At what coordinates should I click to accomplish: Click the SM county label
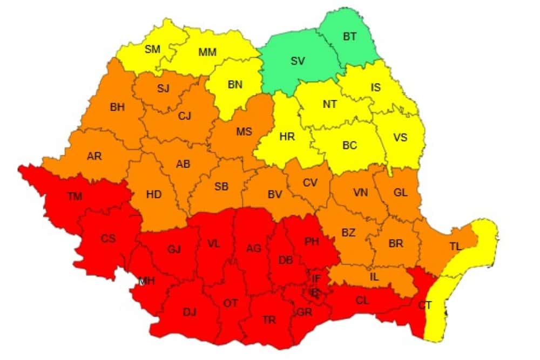coord(153,50)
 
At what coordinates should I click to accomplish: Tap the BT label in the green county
coord(350,37)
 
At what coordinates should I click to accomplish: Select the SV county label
coord(298,61)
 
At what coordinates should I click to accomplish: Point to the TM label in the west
coord(75,196)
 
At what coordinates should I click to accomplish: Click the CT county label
coord(424,305)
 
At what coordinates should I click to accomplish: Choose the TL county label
coord(455,246)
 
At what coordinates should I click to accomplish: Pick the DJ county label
coord(190,312)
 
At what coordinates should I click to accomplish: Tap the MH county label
coord(147,281)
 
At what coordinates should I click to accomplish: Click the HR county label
coord(287,137)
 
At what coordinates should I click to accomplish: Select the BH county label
coord(117,107)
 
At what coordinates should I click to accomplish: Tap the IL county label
coord(373,276)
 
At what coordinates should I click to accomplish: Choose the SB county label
coord(221,187)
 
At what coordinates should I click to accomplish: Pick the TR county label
coord(269,320)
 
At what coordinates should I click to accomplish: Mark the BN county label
coord(235,84)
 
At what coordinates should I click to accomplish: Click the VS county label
coord(400,137)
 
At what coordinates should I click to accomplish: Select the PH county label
coord(312,241)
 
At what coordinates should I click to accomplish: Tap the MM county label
coord(207,52)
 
